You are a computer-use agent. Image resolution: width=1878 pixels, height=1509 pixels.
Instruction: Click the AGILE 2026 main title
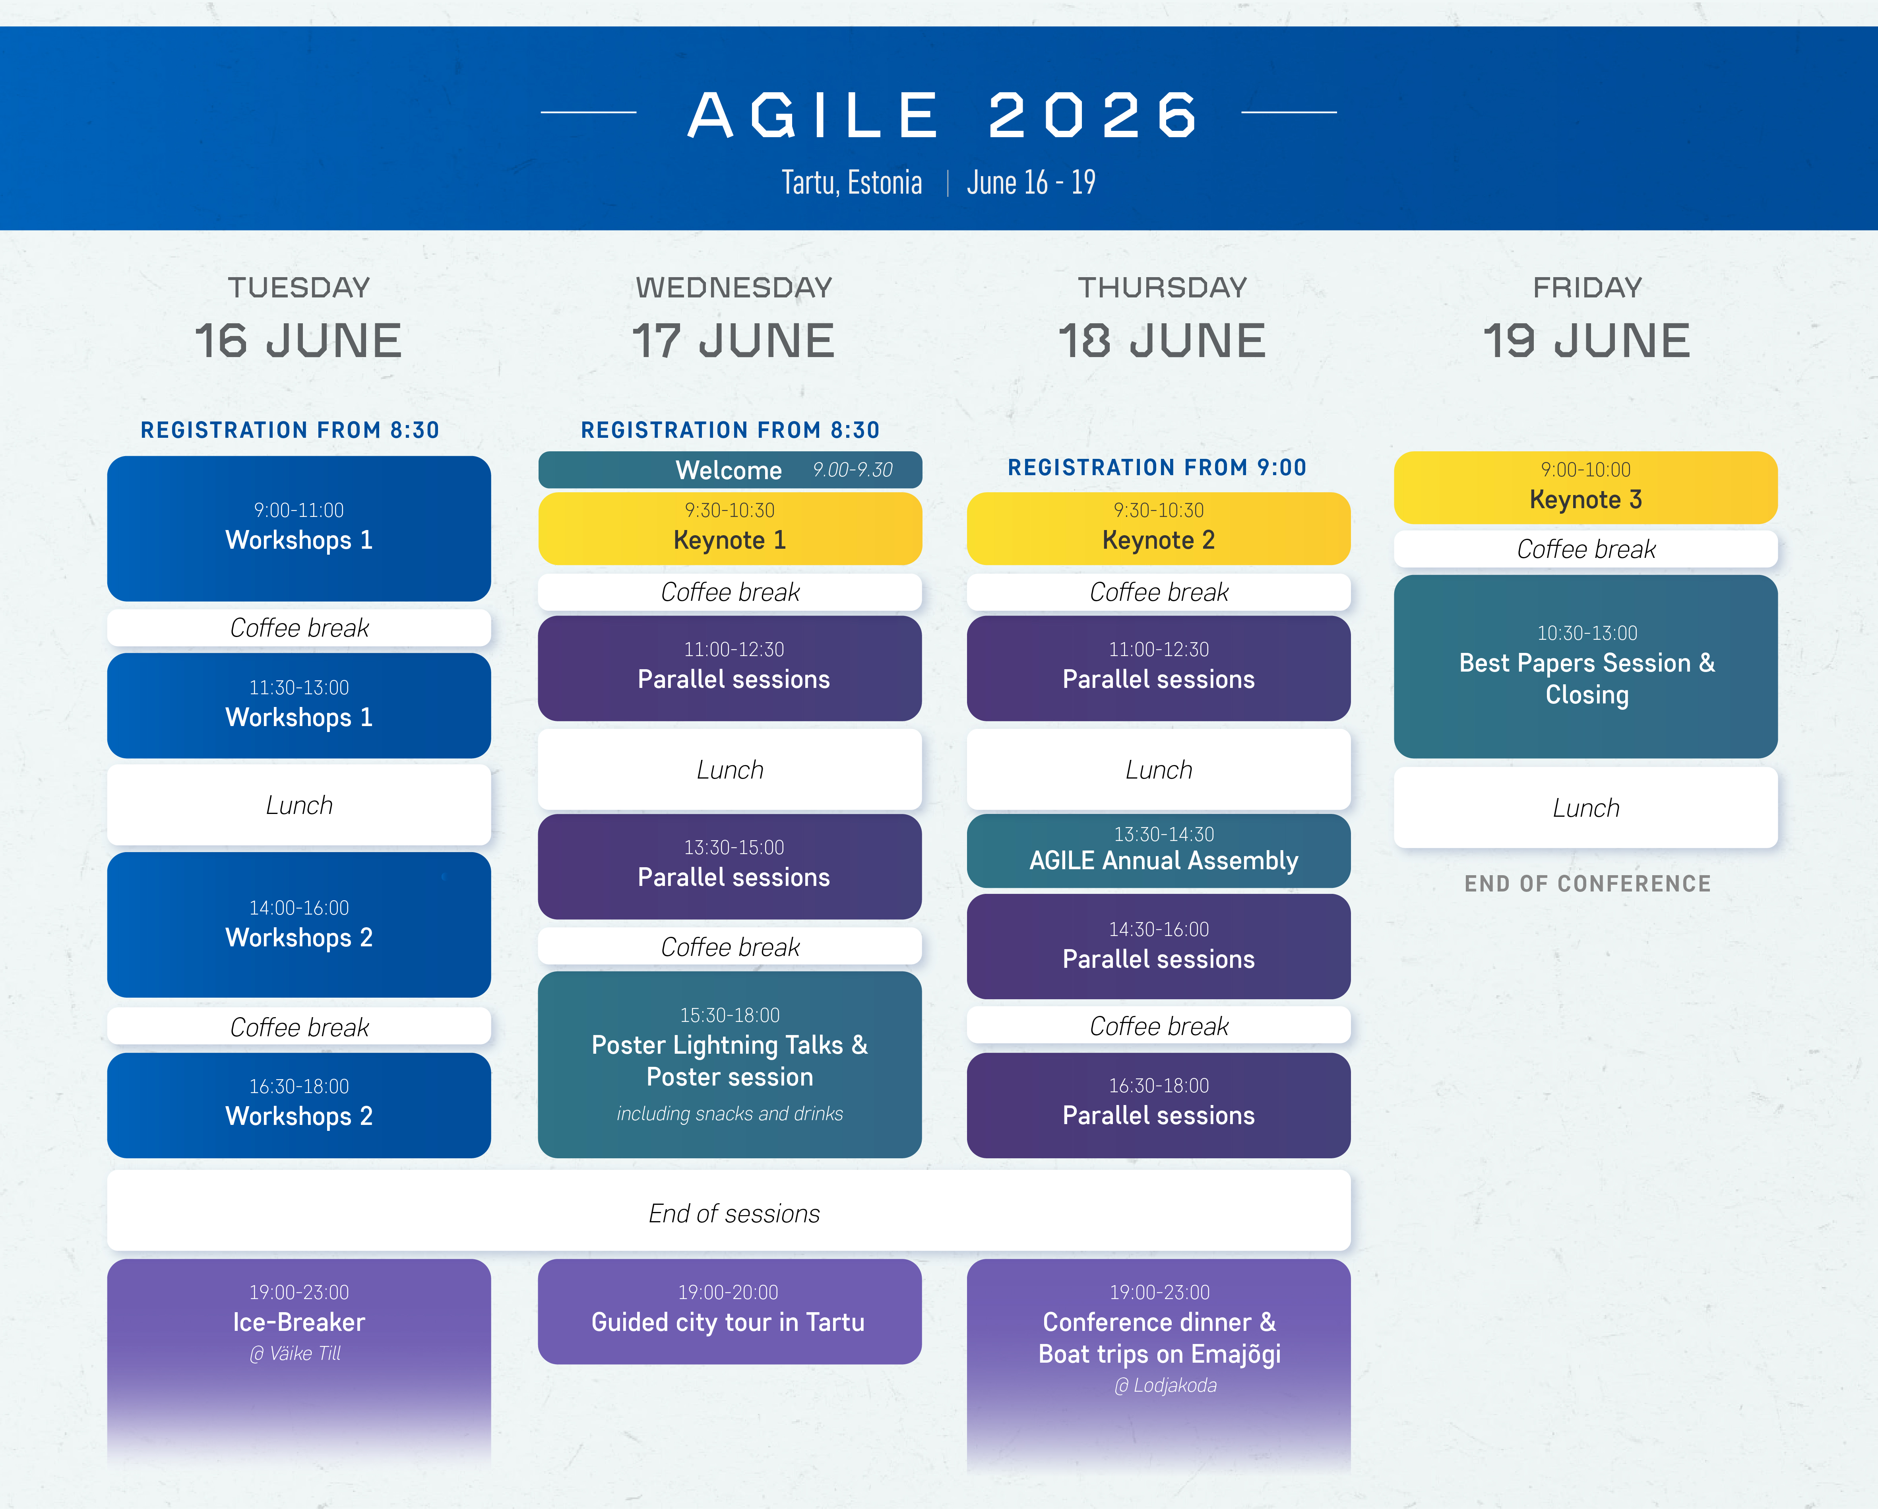pos(943,115)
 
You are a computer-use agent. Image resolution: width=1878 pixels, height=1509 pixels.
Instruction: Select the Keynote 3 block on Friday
pos(1585,487)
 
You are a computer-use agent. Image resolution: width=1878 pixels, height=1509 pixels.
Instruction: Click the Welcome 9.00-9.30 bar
pos(730,470)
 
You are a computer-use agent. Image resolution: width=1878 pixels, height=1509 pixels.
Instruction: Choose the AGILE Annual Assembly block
pos(1159,851)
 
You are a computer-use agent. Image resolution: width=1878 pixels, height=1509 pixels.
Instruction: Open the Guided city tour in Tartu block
pos(730,1311)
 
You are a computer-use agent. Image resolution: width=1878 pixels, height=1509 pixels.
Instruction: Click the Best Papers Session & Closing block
pos(1585,666)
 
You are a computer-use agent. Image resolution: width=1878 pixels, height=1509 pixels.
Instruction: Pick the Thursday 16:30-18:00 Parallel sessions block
pos(1159,1105)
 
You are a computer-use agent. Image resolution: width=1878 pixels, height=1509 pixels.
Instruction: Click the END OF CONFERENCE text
pos(1587,884)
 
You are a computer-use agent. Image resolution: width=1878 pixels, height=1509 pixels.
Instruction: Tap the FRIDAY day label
pos(1587,287)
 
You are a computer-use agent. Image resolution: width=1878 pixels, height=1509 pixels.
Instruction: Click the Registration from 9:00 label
pos(1157,467)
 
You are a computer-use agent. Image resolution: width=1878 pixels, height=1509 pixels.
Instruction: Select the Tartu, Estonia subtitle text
pos(851,182)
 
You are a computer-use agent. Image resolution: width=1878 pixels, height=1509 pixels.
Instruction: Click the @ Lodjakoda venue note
pos(1165,1385)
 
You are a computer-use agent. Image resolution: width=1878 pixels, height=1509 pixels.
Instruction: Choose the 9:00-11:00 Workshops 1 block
pos(299,528)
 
